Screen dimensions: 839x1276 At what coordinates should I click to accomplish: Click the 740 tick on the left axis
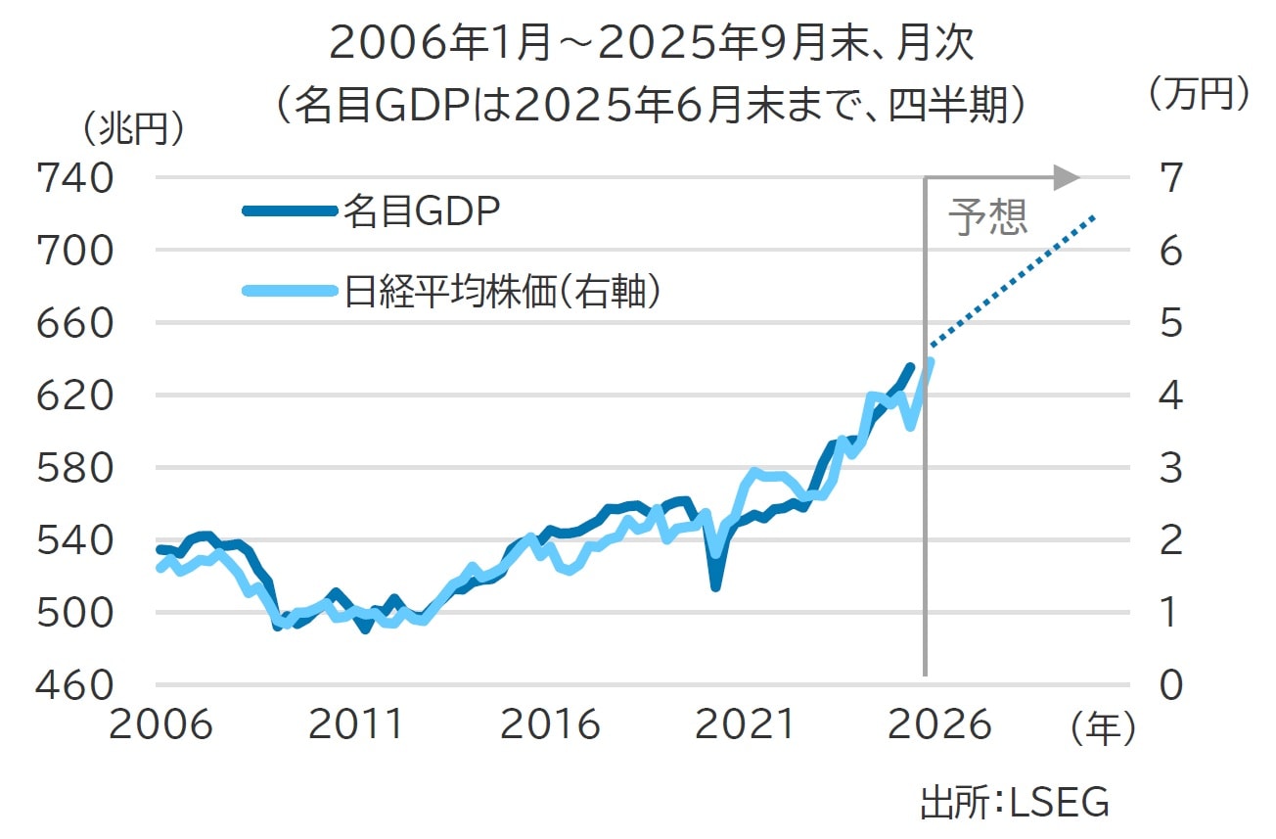point(73,178)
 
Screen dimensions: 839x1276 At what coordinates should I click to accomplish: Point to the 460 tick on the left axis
point(73,684)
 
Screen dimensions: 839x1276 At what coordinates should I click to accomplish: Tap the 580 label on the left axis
point(73,468)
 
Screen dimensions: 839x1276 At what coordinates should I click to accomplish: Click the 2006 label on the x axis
point(160,725)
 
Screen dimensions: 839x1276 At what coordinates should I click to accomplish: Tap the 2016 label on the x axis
point(549,725)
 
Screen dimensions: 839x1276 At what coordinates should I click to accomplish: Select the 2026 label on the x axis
point(939,725)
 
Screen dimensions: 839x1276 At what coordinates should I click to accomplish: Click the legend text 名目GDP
point(422,210)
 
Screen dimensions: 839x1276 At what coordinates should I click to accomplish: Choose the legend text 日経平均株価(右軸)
point(499,292)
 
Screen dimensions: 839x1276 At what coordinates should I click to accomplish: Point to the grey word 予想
point(988,218)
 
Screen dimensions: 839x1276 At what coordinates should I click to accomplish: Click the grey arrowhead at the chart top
point(1067,177)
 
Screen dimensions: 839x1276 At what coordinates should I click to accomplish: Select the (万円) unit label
point(1199,94)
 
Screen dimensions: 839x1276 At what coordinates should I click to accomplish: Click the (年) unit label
point(1103,727)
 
